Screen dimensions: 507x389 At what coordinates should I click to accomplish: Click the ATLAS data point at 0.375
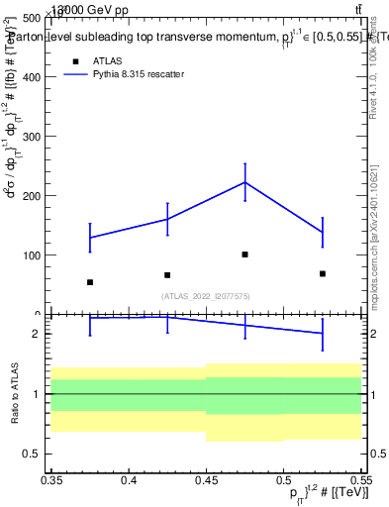(x=90, y=282)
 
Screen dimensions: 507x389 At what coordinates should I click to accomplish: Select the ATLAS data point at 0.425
(x=167, y=275)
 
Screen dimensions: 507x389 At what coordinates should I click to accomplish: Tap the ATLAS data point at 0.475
(x=244, y=254)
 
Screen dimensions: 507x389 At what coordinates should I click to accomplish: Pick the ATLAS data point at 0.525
(x=323, y=273)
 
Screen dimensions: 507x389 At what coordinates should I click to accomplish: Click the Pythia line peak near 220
(x=244, y=182)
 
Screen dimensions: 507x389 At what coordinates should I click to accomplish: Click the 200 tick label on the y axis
(x=32, y=196)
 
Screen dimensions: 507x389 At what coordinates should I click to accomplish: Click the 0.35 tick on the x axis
(x=51, y=480)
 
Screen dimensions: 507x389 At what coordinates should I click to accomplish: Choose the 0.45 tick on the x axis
(x=206, y=480)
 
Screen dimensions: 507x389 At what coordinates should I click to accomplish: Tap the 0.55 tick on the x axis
(x=360, y=480)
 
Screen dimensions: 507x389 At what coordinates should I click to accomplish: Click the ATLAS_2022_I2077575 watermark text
(x=206, y=296)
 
